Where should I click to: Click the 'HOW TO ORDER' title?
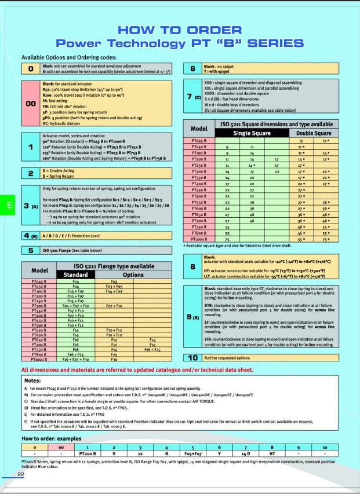point(180,30)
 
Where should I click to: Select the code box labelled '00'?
point(30,103)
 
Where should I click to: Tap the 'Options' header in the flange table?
point(132,274)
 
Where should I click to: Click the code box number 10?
point(194,358)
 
